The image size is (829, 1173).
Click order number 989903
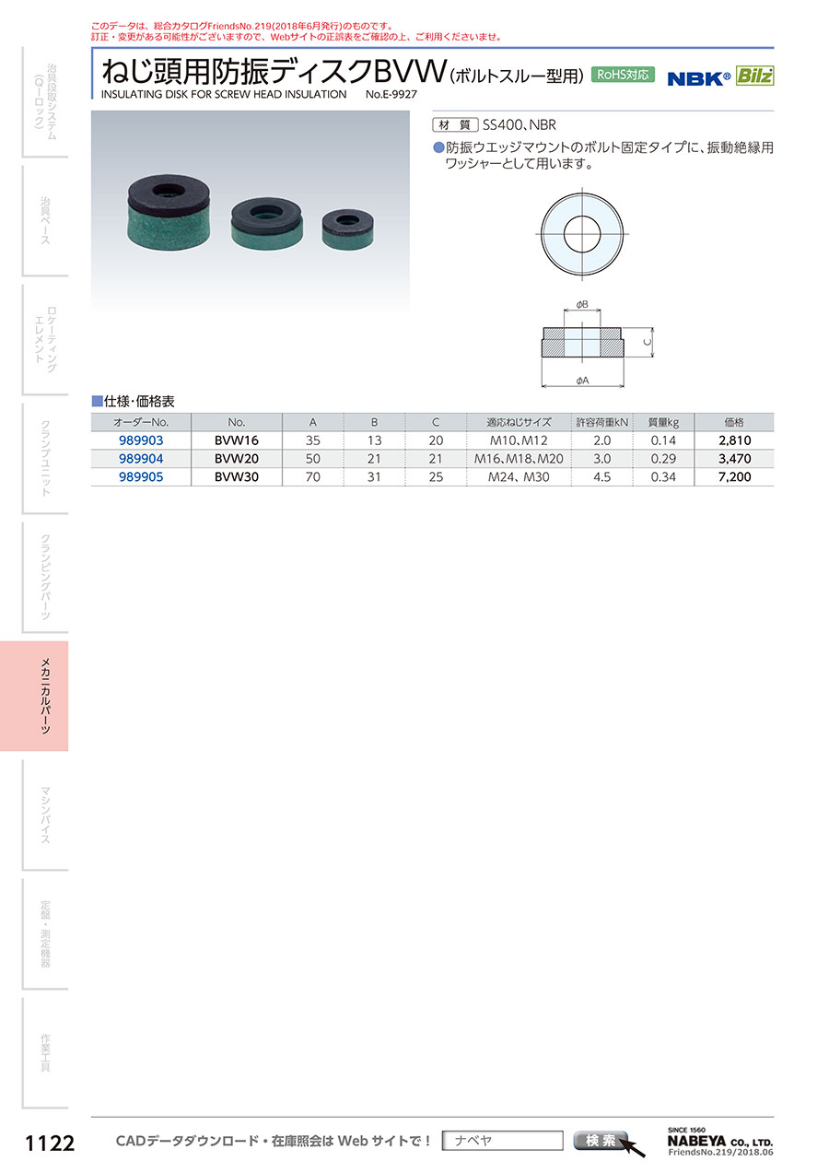[x=141, y=440]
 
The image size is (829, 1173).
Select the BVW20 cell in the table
[x=237, y=459]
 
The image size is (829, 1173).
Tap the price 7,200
[x=734, y=477]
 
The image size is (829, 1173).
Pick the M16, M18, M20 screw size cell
[x=519, y=459]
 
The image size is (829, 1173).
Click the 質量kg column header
[x=663, y=422]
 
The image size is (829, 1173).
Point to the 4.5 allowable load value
[x=601, y=477]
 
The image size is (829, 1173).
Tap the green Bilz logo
[x=754, y=76]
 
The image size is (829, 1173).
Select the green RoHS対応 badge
[x=623, y=75]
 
